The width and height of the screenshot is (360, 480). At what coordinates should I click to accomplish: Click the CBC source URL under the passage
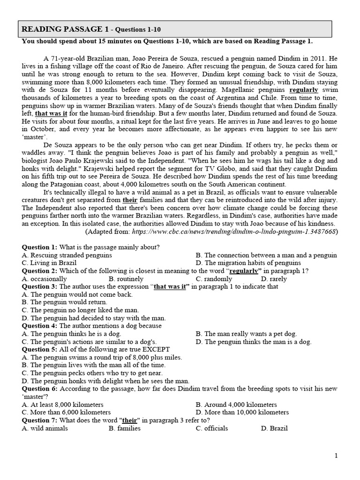[234, 232]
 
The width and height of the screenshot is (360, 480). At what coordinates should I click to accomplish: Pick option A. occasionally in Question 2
[45, 278]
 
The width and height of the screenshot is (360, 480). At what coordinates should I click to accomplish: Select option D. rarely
[274, 278]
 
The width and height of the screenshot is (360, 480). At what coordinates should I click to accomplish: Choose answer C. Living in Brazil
[49, 263]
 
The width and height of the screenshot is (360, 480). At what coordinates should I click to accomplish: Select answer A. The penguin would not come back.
[77, 294]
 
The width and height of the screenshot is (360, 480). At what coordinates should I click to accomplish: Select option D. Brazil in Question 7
[274, 428]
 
